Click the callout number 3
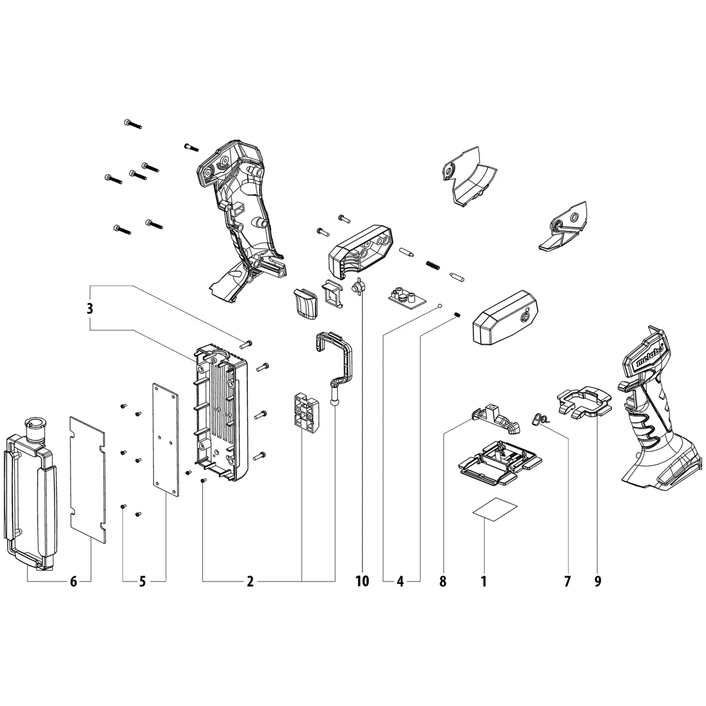90,308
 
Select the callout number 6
74,582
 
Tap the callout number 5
142,582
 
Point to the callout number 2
250,582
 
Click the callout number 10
362,582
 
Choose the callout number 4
400,582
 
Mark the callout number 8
443,582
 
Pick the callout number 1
484,582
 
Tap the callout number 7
567,582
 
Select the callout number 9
597,582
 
